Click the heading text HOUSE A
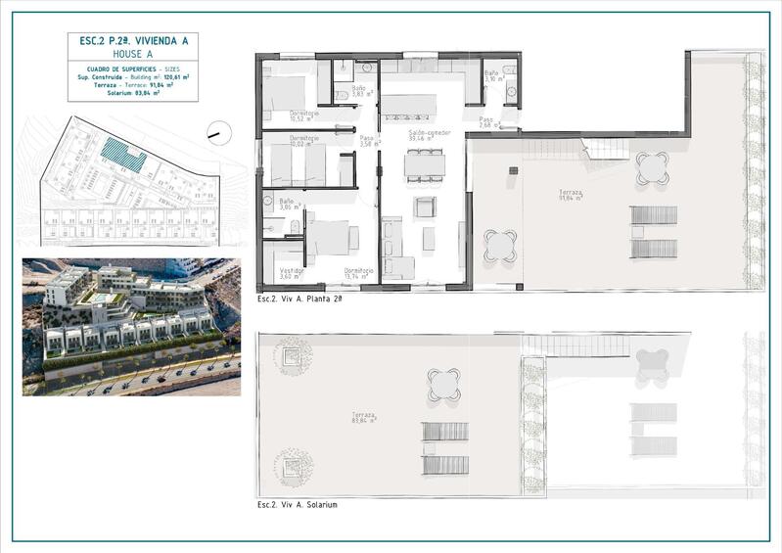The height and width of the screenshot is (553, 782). point(132,55)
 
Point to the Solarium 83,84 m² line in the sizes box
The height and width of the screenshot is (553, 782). point(132,93)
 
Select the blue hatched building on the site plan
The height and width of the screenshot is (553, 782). point(123,154)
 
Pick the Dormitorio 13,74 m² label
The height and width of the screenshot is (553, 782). point(358,273)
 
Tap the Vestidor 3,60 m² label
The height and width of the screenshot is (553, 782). point(292,273)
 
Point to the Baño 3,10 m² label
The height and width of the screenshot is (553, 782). point(492,77)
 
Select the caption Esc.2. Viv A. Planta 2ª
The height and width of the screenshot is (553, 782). point(300,298)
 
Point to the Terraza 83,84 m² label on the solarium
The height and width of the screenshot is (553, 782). point(364,418)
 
